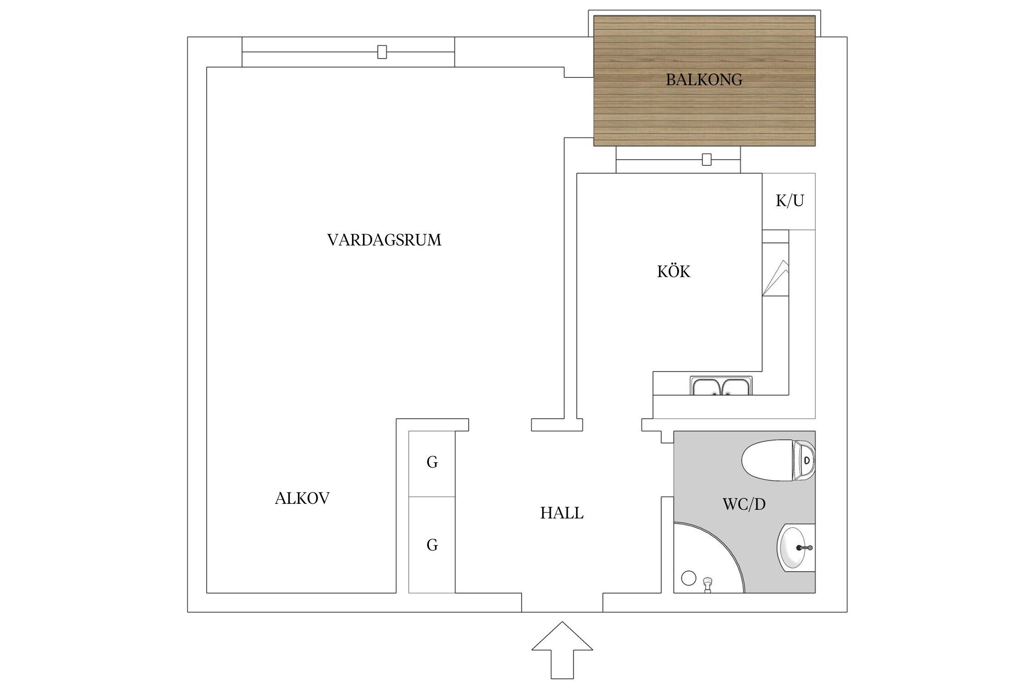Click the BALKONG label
(704, 80)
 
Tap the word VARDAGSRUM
(384, 240)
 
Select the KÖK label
(673, 272)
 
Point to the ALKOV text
(302, 498)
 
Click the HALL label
(562, 513)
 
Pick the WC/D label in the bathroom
(744, 504)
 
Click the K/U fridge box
(789, 201)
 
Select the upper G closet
(432, 463)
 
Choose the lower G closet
(432, 545)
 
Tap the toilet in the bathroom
(770, 460)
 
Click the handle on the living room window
(382, 52)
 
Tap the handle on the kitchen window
(707, 160)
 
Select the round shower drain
(689, 578)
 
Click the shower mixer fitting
(708, 583)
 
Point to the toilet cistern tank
(805, 460)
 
